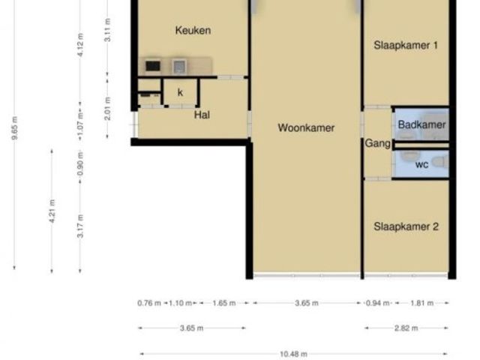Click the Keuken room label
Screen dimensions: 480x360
(x=193, y=30)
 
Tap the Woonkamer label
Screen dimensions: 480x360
(x=306, y=127)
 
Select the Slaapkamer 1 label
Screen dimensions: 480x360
(x=406, y=45)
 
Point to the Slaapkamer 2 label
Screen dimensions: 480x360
(x=406, y=226)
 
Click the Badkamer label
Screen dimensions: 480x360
(x=421, y=124)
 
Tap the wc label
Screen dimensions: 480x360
(x=421, y=165)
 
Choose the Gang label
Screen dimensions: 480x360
(x=377, y=143)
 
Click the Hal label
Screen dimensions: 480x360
(x=202, y=115)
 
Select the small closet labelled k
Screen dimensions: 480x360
(x=180, y=92)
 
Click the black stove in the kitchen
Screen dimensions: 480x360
(x=153, y=66)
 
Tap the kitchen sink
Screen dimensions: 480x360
(x=178, y=67)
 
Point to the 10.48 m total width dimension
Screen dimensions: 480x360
(x=293, y=354)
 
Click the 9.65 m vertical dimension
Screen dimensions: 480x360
(x=14, y=128)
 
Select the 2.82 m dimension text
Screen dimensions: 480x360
(x=406, y=328)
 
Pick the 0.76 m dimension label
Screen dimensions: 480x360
(x=149, y=303)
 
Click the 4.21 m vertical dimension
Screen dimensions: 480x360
(x=52, y=211)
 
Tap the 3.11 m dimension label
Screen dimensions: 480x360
(x=107, y=30)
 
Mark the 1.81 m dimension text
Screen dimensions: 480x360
(x=421, y=303)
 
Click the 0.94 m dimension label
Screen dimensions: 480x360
(x=378, y=303)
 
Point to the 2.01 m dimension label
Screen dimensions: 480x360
(x=107, y=109)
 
